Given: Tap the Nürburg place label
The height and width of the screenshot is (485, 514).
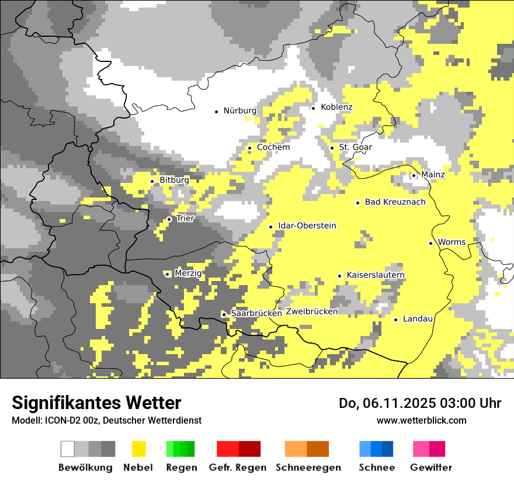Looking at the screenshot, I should (x=240, y=110).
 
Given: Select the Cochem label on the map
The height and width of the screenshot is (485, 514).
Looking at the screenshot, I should (x=273, y=147).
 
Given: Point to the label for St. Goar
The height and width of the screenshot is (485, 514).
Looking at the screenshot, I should (x=356, y=147).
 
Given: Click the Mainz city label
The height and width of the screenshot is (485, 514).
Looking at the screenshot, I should (x=433, y=175).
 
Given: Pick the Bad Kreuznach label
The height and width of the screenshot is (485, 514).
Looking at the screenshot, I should (x=395, y=202).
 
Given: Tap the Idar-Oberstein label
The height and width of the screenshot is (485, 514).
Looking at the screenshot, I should (x=307, y=226).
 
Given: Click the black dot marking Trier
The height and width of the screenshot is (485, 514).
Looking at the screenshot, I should (x=169, y=219).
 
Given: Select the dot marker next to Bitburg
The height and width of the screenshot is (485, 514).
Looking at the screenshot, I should (x=152, y=181).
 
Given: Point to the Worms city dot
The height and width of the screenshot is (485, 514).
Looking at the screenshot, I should (x=431, y=243).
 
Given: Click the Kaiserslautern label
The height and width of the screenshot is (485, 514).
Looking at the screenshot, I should (x=376, y=275).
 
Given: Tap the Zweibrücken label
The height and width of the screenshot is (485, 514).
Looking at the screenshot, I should (x=312, y=312).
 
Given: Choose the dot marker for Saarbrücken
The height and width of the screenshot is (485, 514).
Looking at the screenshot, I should (x=224, y=314).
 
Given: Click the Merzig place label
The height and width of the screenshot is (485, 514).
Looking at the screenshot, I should (x=188, y=273).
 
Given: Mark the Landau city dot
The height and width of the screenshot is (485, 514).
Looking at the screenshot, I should (x=396, y=320).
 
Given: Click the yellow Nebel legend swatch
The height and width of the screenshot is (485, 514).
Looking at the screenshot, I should (x=138, y=449).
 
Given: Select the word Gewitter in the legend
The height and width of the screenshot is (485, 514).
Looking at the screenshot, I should (x=431, y=467).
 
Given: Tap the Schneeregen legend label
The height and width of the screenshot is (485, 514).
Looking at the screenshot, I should (x=308, y=467).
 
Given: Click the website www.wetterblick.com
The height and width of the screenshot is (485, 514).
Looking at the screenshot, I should (x=421, y=420).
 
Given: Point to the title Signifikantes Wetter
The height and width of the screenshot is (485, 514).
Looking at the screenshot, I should (x=96, y=403).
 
